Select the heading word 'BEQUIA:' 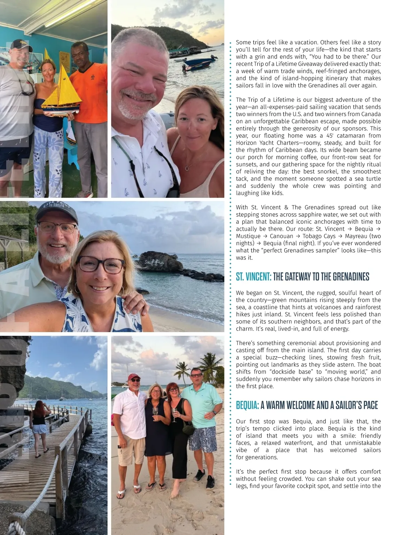247,405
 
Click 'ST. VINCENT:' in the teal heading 253,277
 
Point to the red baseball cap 133,377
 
